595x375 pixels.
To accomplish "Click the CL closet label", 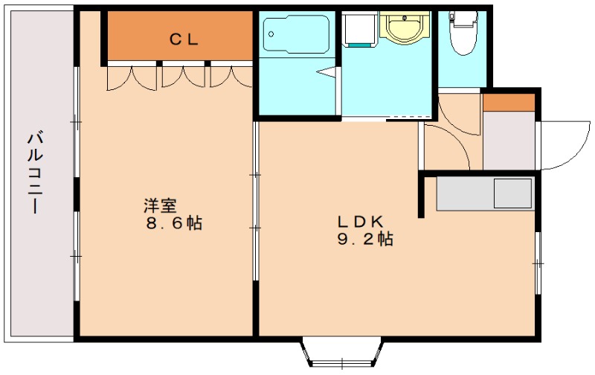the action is click(184, 39).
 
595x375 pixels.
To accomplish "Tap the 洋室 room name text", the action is click(160, 205).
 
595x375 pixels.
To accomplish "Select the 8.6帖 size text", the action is click(174, 223).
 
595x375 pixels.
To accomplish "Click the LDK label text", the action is click(361, 221).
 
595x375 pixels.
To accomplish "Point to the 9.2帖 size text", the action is click(365, 239).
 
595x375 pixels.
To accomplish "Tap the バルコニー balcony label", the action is click(35, 173).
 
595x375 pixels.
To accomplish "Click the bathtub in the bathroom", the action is click(296, 34).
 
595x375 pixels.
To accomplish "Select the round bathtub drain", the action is click(271, 34).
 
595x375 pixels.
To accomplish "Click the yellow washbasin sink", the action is click(404, 26).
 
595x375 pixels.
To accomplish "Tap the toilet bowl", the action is click(463, 33).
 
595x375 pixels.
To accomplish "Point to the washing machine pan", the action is click(359, 29).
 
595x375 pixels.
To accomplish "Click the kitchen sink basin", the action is click(512, 193).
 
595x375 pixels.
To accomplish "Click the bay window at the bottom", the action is click(342, 352).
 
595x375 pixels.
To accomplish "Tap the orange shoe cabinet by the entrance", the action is click(509, 103).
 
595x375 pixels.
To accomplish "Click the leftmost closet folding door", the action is click(132, 78).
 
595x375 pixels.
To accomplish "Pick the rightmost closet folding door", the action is click(231, 77).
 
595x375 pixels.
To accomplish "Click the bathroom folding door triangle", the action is click(327, 72).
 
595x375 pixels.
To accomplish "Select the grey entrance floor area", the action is click(509, 141).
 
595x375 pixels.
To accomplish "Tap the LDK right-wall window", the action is click(538, 263).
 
